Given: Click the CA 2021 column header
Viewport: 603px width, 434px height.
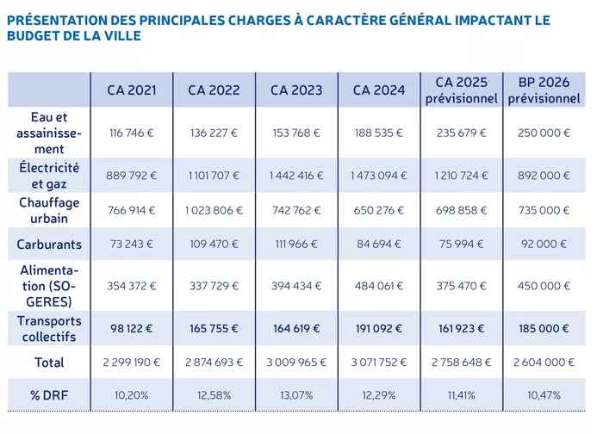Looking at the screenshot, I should tap(132, 90).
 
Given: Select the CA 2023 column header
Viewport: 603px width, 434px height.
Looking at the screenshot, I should tap(296, 90).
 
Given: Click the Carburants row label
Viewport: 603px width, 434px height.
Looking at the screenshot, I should tap(49, 245).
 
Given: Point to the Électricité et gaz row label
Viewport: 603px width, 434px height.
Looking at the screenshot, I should tap(49, 175).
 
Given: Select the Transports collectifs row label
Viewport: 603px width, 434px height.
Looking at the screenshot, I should tap(49, 328).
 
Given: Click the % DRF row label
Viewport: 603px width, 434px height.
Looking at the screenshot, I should tap(49, 395).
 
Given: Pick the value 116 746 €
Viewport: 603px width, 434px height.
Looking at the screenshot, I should tap(132, 133).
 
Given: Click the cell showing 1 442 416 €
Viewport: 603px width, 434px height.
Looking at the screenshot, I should tap(296, 176).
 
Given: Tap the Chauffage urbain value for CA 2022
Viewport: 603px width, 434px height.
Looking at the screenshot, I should tap(214, 210).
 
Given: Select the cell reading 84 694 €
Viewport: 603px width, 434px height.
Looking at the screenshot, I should tap(378, 245).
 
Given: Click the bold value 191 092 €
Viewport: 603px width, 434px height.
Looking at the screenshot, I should tap(378, 328).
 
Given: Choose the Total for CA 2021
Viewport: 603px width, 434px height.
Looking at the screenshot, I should tap(132, 363).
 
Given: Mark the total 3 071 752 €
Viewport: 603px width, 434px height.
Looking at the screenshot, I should tap(378, 363).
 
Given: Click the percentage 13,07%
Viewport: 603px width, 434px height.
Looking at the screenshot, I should tap(296, 395).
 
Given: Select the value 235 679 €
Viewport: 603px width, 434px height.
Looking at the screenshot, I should tap(462, 133).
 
